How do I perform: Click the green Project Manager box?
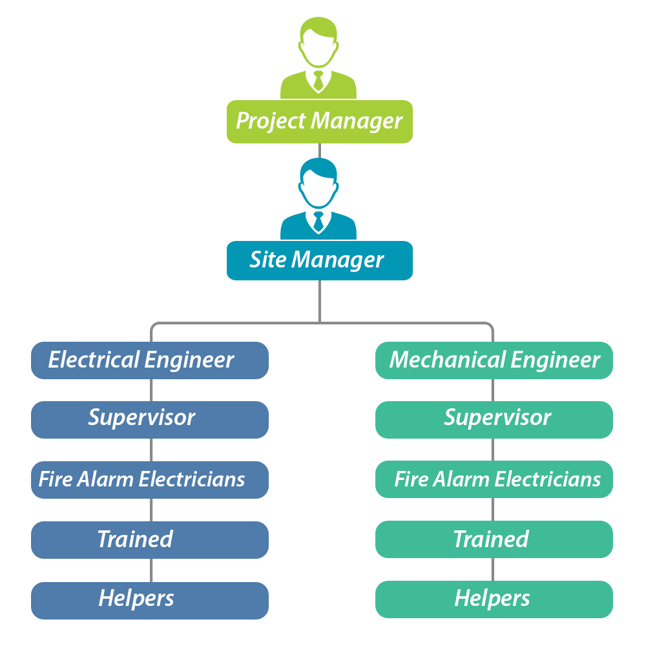pyautogui.click(x=320, y=121)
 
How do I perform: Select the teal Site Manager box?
pyautogui.click(x=320, y=260)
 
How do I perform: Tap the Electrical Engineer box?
pyautogui.click(x=149, y=360)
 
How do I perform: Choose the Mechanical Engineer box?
pyautogui.click(x=494, y=360)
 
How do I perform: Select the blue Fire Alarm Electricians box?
pyautogui.click(x=149, y=479)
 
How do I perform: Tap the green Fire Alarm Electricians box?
pyautogui.click(x=494, y=479)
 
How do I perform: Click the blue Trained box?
pyautogui.click(x=149, y=539)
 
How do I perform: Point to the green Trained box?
pyautogui.click(x=494, y=539)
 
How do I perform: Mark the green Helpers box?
pyautogui.click(x=494, y=599)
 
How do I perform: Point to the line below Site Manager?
pyautogui.click(x=319, y=300)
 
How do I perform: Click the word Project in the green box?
pyautogui.click(x=271, y=121)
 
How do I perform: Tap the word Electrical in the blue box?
pyautogui.click(x=93, y=360)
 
